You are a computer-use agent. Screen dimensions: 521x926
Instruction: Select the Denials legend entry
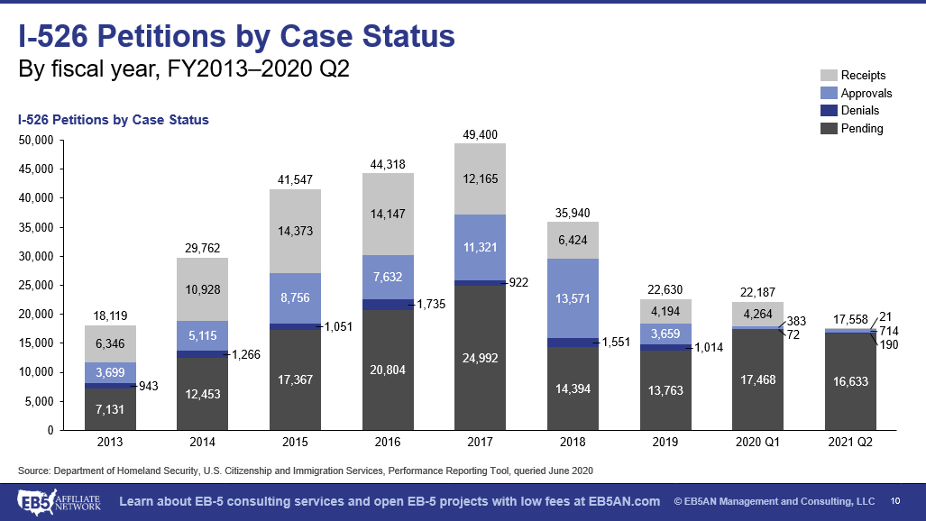click(x=859, y=111)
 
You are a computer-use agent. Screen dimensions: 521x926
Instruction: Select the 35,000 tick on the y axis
click(x=37, y=227)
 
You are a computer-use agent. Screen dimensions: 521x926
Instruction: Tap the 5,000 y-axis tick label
click(x=41, y=401)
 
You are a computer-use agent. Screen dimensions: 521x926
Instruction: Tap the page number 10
click(x=895, y=501)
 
